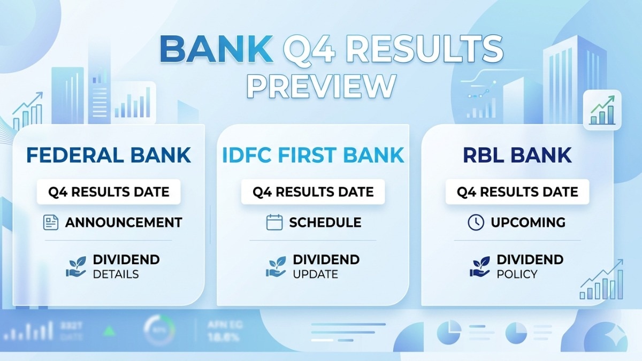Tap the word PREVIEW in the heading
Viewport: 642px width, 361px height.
[321, 86]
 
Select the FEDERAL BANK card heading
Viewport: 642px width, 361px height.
[109, 155]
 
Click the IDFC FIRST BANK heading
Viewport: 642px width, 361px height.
[313, 155]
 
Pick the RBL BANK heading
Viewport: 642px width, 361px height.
[517, 155]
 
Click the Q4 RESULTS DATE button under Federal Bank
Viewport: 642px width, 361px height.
[109, 191]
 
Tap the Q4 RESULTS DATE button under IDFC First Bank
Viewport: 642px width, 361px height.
[313, 191]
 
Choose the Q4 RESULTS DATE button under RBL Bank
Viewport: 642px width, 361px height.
[517, 191]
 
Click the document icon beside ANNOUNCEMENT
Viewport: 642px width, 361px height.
[51, 222]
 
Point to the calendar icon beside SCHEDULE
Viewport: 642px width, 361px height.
[274, 222]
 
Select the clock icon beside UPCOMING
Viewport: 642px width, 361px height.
[476, 222]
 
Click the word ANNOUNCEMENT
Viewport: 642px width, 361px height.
[124, 222]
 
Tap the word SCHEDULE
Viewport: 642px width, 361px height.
[325, 222]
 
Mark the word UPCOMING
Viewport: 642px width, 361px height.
[528, 222]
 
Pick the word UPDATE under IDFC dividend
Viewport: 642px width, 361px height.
[315, 274]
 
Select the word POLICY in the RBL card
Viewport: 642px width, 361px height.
[517, 274]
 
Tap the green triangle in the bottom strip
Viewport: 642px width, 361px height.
[110, 331]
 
